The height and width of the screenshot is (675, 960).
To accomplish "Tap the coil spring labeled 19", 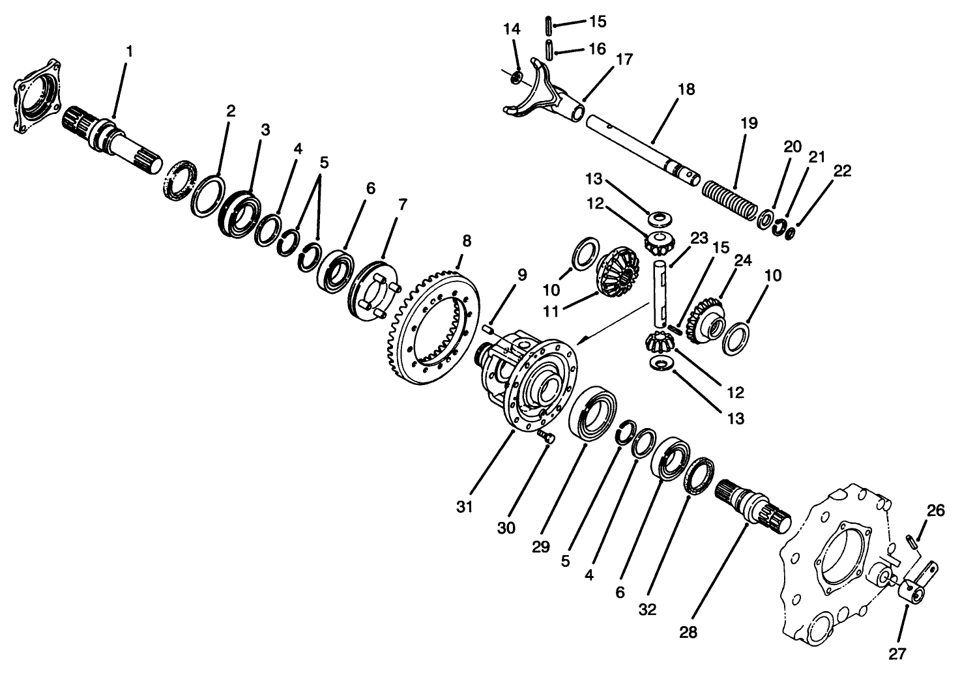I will point(731,199).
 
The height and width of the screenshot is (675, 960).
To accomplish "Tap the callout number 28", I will point(688,631).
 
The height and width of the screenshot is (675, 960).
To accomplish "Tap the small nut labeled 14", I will point(515,78).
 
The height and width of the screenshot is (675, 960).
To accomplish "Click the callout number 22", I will point(842,171).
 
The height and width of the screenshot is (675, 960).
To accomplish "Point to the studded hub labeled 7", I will point(372,291).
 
